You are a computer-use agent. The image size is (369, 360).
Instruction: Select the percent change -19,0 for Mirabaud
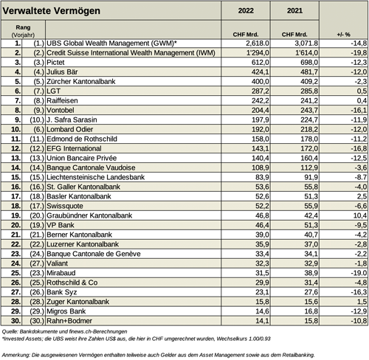coord(343,272)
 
